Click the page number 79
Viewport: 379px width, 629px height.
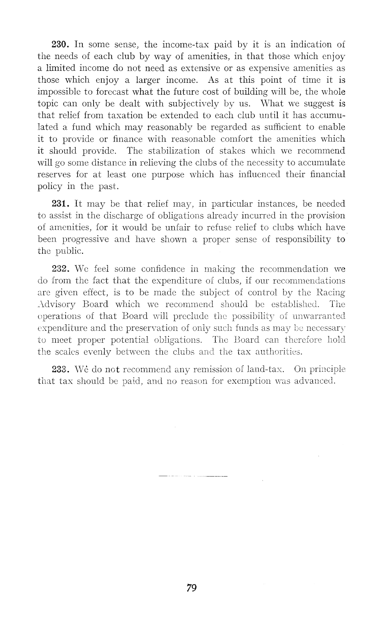(192, 588)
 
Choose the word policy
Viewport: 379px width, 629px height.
(50, 187)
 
